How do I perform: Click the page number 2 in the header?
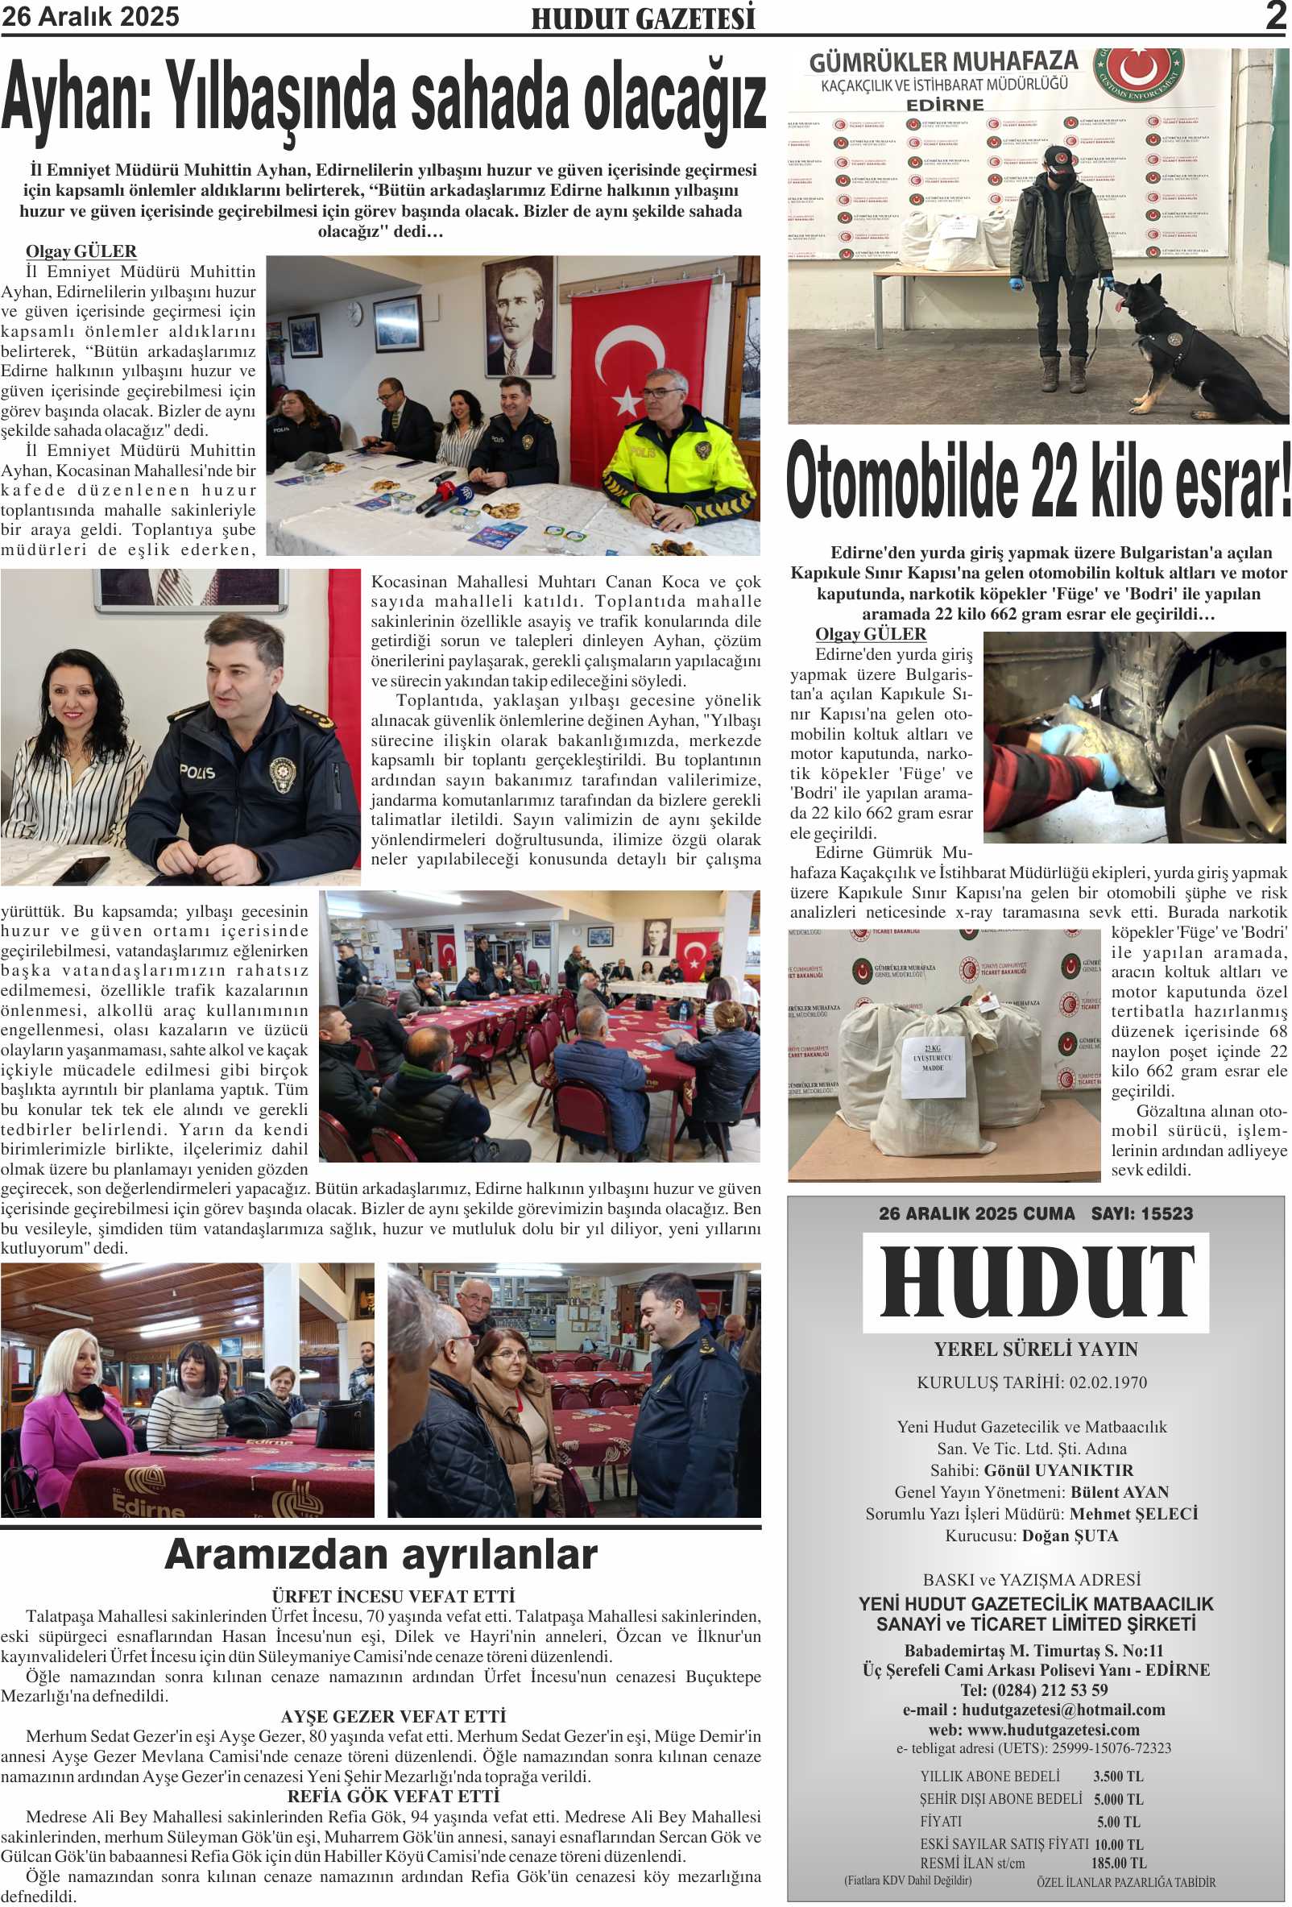point(1275,16)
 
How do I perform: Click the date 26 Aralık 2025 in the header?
point(90,16)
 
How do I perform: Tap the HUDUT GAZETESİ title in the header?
point(642,19)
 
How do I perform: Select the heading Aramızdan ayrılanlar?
point(381,1555)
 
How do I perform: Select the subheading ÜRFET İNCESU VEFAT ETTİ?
point(393,1597)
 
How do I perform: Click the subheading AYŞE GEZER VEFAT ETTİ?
point(393,1717)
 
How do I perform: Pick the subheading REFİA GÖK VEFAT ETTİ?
point(393,1797)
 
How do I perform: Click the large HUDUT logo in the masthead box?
point(1036,1283)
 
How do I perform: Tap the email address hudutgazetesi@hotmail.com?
point(1063,1710)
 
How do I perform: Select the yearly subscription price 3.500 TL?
point(1117,1776)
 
